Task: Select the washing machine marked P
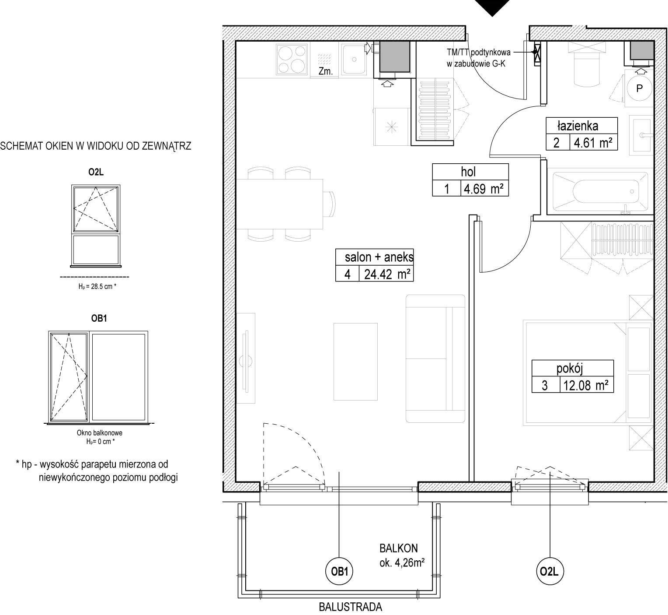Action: coord(639,88)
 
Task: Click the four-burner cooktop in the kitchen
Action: coord(292,60)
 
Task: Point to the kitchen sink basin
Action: coord(354,60)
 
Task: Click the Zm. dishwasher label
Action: coord(325,71)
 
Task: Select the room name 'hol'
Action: coord(468,172)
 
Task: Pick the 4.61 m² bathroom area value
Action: coord(593,143)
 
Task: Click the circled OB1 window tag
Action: coord(339,572)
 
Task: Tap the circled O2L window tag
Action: coord(549,572)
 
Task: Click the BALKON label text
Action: coord(398,548)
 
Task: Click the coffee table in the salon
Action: coord(356,362)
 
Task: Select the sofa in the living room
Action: coord(435,359)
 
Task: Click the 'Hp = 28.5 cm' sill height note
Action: coord(97,286)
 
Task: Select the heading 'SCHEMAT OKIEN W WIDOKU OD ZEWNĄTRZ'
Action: coord(96,146)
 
